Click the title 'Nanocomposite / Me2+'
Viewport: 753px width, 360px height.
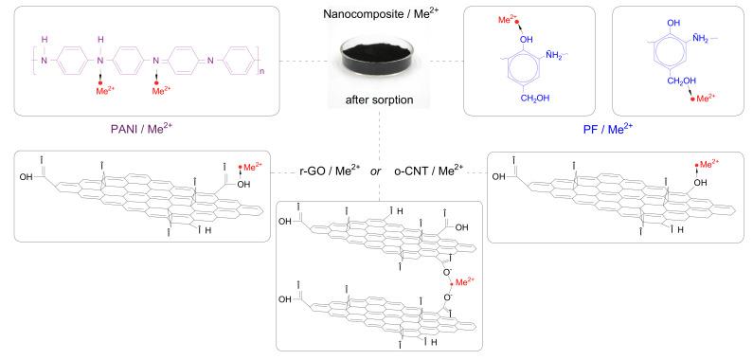point(377,12)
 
